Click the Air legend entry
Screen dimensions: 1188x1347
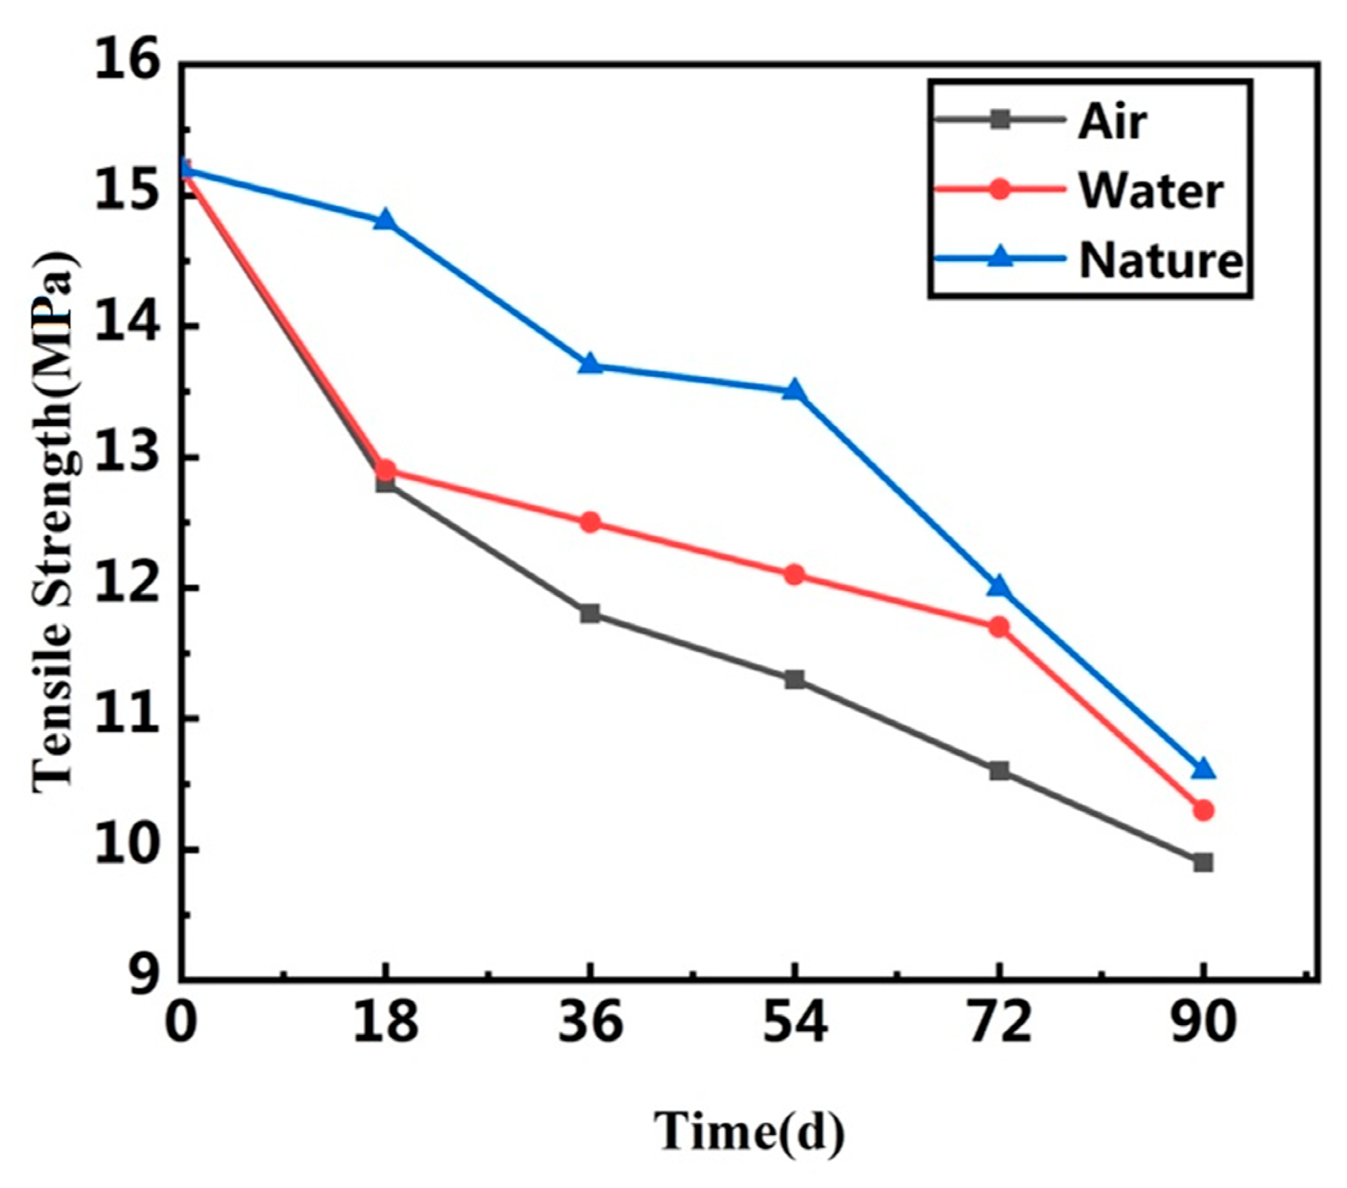pyautogui.click(x=1112, y=122)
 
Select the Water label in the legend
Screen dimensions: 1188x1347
pyautogui.click(x=1151, y=191)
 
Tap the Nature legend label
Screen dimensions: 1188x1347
pyautogui.click(x=1161, y=260)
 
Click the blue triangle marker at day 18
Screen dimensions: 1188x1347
pyautogui.click(x=386, y=220)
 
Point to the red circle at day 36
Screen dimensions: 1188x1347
pyautogui.click(x=590, y=522)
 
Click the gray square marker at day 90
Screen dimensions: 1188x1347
pyautogui.click(x=1203, y=863)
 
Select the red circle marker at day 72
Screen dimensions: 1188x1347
pyautogui.click(x=999, y=626)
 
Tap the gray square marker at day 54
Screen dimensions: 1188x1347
pyautogui.click(x=794, y=679)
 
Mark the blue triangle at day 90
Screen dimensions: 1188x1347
pyautogui.click(x=1203, y=770)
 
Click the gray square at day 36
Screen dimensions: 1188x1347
pyautogui.click(x=590, y=614)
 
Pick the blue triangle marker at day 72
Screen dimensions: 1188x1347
pyautogui.click(x=999, y=586)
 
